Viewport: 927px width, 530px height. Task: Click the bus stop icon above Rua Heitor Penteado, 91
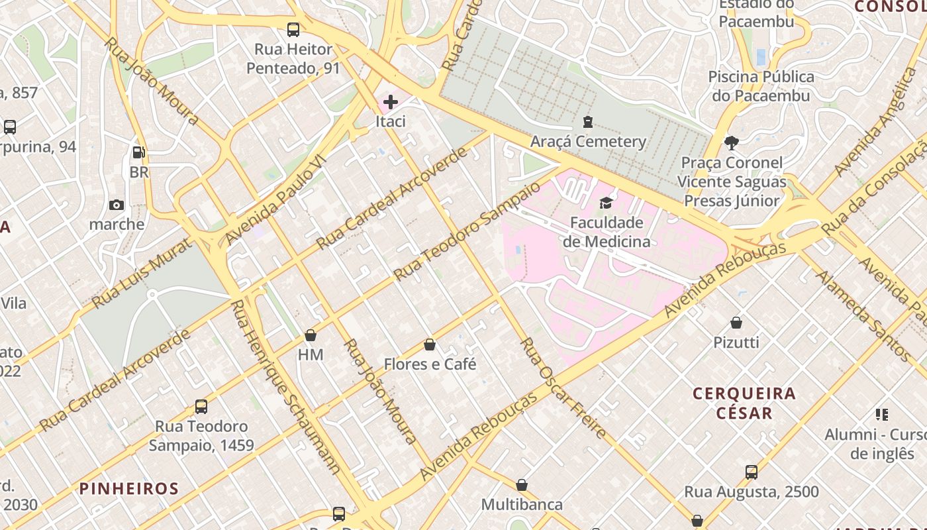(x=293, y=30)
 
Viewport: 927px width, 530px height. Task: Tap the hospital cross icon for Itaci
(x=391, y=102)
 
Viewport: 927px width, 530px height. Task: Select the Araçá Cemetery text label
(x=588, y=142)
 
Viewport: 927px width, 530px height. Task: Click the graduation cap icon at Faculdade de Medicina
(x=607, y=203)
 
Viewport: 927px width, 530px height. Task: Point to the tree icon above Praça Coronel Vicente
(x=732, y=143)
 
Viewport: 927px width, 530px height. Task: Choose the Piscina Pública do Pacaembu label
(x=761, y=86)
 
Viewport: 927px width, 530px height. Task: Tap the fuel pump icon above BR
(x=139, y=152)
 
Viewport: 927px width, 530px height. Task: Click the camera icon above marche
(x=117, y=205)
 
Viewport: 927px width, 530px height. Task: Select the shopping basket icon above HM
(x=311, y=335)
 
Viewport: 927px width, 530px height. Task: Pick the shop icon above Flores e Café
(x=430, y=344)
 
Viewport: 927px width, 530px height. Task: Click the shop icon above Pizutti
(x=736, y=323)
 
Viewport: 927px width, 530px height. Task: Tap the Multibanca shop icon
(x=522, y=485)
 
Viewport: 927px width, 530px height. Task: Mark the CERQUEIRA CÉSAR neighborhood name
(x=744, y=403)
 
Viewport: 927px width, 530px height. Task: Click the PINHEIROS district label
(x=129, y=489)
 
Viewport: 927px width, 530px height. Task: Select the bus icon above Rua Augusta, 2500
(x=752, y=472)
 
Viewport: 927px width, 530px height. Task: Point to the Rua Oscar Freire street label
(x=563, y=388)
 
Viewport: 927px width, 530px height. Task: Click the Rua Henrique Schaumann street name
(x=285, y=387)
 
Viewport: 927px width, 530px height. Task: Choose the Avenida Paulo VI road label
(x=276, y=201)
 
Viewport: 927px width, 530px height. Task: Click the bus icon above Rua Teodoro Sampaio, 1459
(x=201, y=407)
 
